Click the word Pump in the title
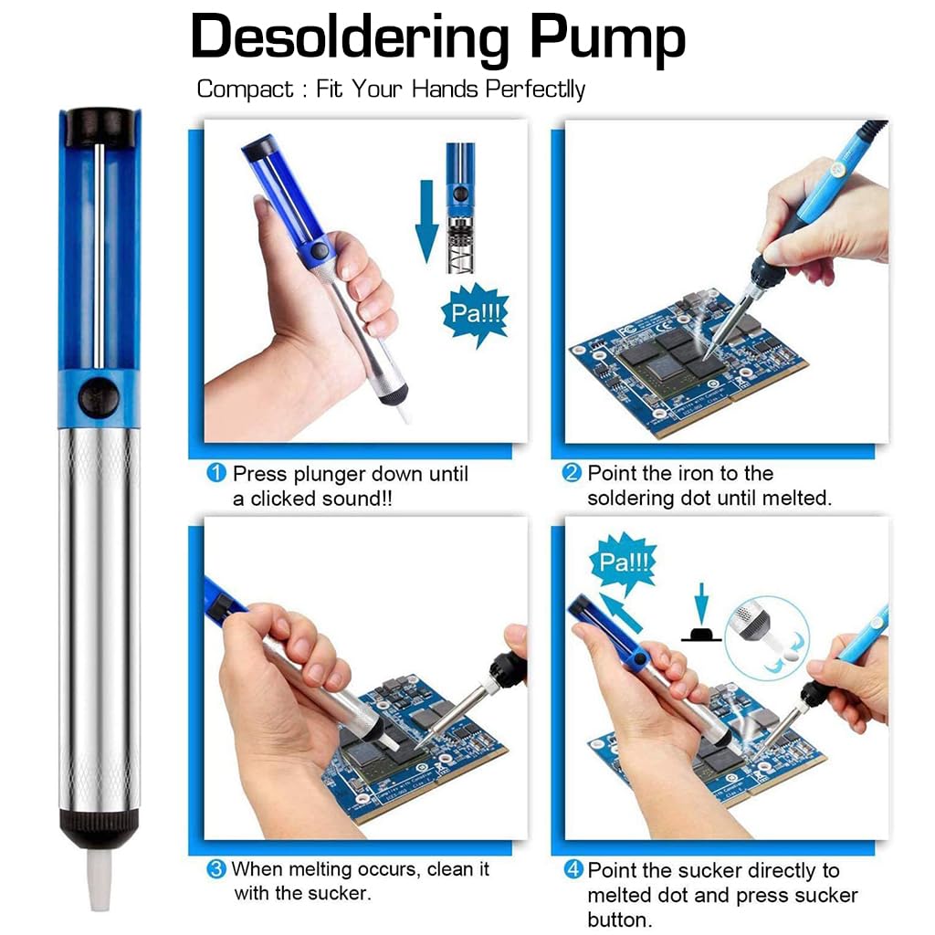click(607, 39)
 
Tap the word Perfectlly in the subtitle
click(535, 89)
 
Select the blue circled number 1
click(215, 474)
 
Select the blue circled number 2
click(572, 473)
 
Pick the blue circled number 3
click(215, 869)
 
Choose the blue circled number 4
click(573, 869)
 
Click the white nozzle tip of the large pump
click(100, 880)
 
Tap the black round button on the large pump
click(99, 396)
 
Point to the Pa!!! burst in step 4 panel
click(623, 562)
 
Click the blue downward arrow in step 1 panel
click(426, 221)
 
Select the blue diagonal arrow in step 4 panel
click(621, 613)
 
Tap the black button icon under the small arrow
click(701, 634)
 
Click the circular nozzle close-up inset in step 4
click(767, 638)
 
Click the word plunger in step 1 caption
click(329, 475)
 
